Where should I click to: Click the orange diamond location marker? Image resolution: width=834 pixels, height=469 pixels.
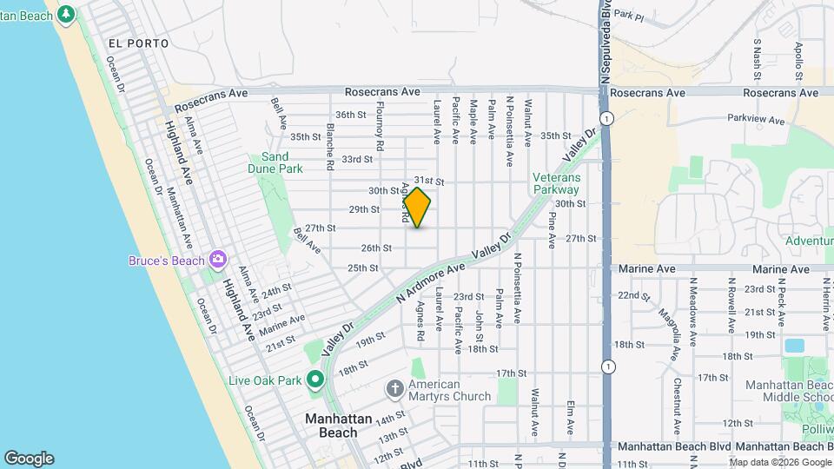417,208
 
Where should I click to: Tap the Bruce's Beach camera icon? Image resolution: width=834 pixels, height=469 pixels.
217,260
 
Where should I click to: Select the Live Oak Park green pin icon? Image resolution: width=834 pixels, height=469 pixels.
314,380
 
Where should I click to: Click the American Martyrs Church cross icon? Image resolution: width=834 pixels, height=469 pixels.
395,387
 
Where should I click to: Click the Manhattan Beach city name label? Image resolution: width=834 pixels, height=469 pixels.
331,426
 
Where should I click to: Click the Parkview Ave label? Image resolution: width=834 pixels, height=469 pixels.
755,117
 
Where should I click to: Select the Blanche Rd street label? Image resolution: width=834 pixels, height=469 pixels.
331,145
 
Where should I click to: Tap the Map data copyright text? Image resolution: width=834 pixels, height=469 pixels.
780,462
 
